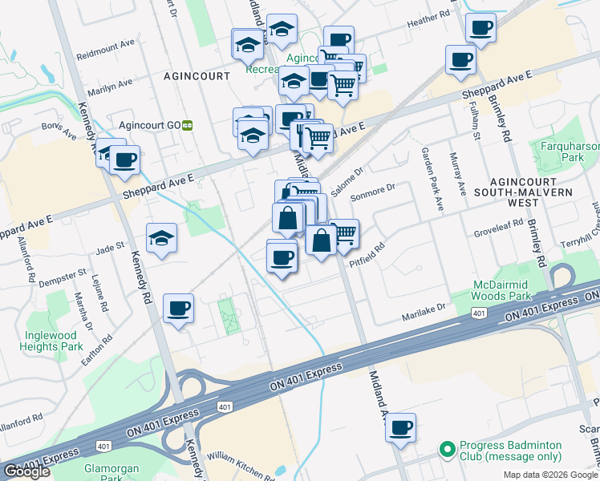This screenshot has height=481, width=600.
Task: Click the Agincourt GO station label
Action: [149, 125]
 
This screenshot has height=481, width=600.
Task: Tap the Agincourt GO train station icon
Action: [188, 125]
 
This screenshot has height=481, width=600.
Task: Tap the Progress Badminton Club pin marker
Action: [446, 447]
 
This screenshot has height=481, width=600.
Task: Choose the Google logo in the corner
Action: [26, 471]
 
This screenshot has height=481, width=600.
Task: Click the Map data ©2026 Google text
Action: [550, 475]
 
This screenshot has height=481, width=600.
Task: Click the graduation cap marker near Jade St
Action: [161, 237]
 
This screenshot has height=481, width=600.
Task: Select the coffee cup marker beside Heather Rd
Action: [480, 28]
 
